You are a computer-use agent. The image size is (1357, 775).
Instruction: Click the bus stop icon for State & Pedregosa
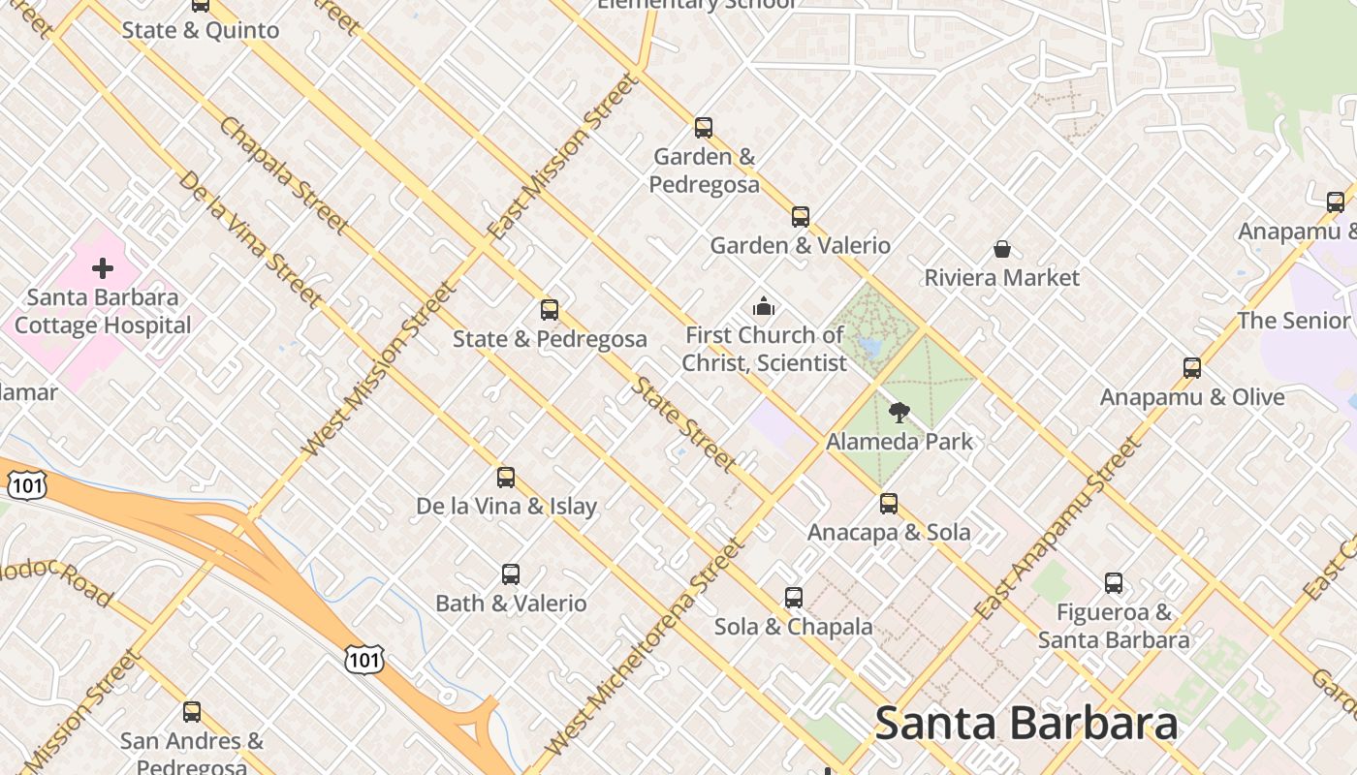550,310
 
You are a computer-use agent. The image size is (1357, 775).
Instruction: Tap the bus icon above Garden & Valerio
801,217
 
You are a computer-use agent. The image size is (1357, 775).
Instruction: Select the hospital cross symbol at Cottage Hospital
103,268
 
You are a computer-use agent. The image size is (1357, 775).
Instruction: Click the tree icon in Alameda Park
899,413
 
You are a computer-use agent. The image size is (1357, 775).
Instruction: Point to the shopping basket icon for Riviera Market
1002,250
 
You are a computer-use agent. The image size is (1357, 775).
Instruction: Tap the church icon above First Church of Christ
764,307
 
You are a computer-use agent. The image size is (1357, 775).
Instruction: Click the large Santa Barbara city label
1026,724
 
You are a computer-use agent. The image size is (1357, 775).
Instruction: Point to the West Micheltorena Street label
647,646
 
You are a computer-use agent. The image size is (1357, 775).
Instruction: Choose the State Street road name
684,424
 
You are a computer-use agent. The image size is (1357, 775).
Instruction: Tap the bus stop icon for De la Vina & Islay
506,477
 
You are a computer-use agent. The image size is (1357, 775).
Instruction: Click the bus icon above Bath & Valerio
511,574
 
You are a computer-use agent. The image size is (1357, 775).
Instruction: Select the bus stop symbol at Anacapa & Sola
889,504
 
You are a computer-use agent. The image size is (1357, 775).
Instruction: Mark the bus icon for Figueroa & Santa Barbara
1114,583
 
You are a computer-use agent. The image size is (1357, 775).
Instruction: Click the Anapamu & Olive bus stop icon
1192,368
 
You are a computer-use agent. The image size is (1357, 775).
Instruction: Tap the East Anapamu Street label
1058,529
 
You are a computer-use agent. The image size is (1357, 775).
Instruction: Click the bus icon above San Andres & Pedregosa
192,712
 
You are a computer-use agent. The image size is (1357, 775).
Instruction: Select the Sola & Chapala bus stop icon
794,598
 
